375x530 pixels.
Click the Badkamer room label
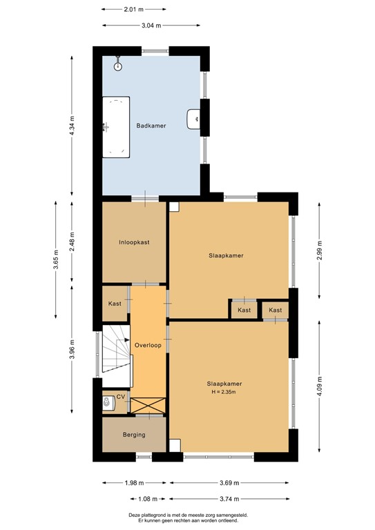point(151,126)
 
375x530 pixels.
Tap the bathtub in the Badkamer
point(115,127)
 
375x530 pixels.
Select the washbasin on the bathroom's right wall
point(193,119)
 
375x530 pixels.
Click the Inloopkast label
point(134,242)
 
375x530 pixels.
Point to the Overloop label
point(148,345)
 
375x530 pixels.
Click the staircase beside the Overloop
point(115,350)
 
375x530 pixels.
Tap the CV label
point(121,397)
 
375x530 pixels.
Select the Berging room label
point(134,435)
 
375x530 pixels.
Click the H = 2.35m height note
point(227,393)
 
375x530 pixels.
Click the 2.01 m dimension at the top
point(134,10)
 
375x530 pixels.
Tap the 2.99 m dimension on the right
point(318,246)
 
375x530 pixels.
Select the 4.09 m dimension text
point(318,384)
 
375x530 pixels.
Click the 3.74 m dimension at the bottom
point(229,499)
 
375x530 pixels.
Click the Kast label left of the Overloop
point(115,304)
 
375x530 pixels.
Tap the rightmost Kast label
point(276,311)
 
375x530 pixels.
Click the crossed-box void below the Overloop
point(148,405)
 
